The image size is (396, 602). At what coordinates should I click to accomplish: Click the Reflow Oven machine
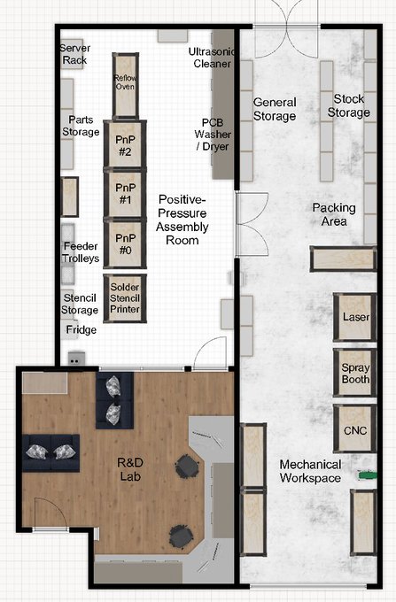(x=125, y=86)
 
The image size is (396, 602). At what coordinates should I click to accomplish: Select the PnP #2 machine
(x=125, y=144)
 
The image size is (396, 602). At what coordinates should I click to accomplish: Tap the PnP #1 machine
(x=125, y=193)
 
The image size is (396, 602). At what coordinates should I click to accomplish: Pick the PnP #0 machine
(x=125, y=243)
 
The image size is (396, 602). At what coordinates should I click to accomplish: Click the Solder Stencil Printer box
(x=125, y=298)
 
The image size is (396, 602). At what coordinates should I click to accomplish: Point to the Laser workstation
(x=355, y=317)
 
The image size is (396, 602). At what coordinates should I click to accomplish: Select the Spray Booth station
(x=355, y=373)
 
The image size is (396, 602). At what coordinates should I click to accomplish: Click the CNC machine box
(x=355, y=428)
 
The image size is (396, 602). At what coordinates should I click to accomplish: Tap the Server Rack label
(x=75, y=54)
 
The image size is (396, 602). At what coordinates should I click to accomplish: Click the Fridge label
(x=81, y=330)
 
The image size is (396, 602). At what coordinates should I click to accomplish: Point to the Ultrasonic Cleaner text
(x=212, y=58)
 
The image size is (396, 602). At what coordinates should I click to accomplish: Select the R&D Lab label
(x=130, y=469)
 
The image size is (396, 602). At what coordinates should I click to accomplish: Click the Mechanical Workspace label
(x=310, y=471)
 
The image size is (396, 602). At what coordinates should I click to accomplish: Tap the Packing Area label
(x=334, y=214)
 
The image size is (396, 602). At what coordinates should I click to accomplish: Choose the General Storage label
(x=275, y=109)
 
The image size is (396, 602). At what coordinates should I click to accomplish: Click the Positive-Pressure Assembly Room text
(x=182, y=220)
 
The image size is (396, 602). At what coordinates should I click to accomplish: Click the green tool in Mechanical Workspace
(x=368, y=475)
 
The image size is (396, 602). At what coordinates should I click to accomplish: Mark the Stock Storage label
(x=349, y=105)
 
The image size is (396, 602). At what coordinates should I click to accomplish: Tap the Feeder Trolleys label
(x=81, y=251)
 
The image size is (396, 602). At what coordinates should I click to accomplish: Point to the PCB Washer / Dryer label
(x=213, y=135)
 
